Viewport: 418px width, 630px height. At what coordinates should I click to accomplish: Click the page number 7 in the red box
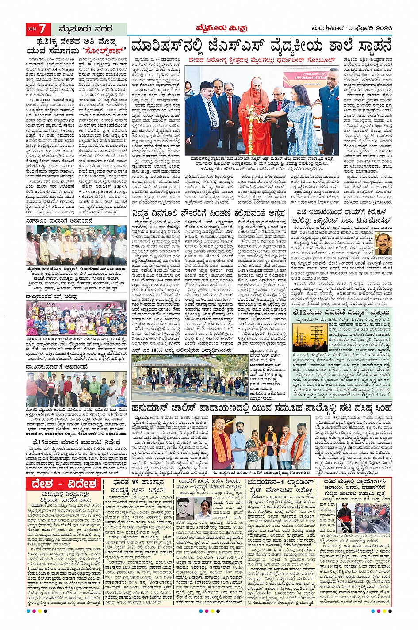point(42,29)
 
